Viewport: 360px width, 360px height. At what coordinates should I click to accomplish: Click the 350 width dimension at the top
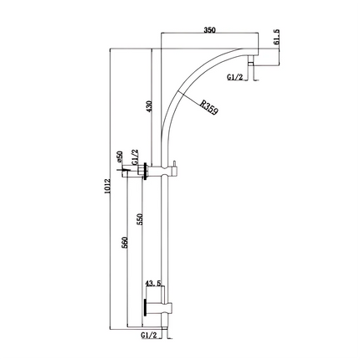click(x=209, y=30)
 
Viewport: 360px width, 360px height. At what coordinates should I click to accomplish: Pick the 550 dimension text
click(x=140, y=219)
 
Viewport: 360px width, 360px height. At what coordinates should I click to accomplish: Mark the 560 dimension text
click(x=125, y=243)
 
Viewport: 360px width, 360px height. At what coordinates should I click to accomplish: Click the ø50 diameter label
click(x=121, y=157)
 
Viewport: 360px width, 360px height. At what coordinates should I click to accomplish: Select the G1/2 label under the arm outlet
click(x=236, y=76)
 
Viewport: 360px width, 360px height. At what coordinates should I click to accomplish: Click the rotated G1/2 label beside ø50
click(x=133, y=157)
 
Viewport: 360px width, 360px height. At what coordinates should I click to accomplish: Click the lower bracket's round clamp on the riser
click(x=166, y=307)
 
